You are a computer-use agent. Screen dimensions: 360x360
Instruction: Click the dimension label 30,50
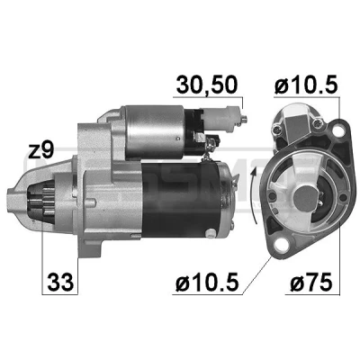[207, 85]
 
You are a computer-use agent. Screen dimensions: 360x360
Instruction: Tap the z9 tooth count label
[40, 150]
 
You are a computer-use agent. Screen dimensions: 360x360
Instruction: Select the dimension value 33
[60, 282]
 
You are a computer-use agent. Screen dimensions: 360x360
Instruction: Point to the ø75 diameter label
[311, 282]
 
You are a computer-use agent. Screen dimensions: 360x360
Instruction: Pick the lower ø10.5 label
[208, 282]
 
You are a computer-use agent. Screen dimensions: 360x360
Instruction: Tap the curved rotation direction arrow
[254, 195]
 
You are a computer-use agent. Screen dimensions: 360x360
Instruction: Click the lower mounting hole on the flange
[281, 245]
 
